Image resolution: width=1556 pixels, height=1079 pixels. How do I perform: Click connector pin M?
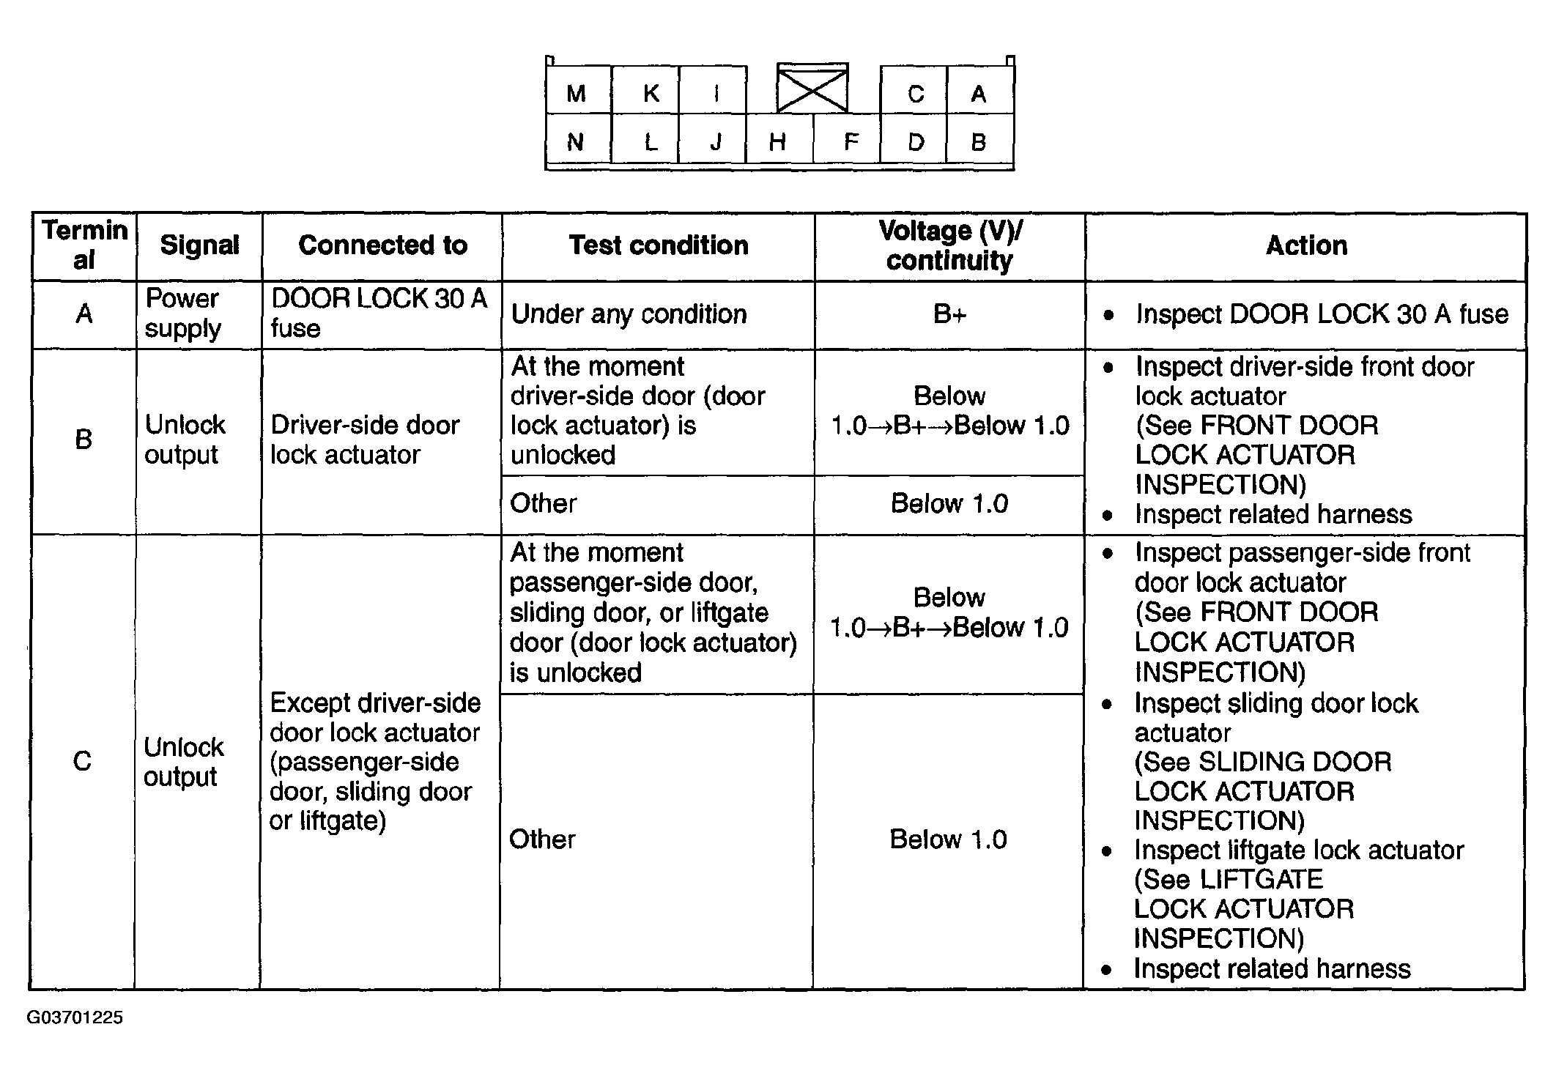pyautogui.click(x=577, y=93)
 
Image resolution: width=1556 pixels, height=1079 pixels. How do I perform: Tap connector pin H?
pyautogui.click(x=777, y=141)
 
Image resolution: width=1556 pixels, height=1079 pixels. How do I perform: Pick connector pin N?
pyautogui.click(x=575, y=142)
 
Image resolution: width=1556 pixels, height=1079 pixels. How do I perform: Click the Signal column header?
pyautogui.click(x=199, y=245)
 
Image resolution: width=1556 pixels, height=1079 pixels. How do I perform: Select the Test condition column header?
pyautogui.click(x=659, y=245)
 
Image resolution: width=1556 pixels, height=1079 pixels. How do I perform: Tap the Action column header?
pyautogui.click(x=1306, y=245)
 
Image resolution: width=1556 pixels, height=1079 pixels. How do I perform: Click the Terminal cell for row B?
pyautogui.click(x=84, y=440)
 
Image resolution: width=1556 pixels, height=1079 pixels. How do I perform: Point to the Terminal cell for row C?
pyautogui.click(x=82, y=762)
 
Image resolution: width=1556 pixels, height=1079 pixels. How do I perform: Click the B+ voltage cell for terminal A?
pyautogui.click(x=949, y=314)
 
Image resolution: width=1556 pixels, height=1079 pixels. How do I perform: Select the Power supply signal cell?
pyautogui.click(x=182, y=314)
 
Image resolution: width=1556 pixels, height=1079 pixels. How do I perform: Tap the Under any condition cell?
pyautogui.click(x=629, y=314)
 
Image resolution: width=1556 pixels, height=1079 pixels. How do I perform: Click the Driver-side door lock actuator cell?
pyautogui.click(x=365, y=440)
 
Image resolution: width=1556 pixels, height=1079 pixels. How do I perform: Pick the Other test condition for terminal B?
pyautogui.click(x=544, y=503)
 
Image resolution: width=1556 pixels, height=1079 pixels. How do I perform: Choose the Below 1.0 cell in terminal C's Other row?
pyautogui.click(x=948, y=839)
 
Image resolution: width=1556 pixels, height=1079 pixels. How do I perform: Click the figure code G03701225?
pyautogui.click(x=75, y=1017)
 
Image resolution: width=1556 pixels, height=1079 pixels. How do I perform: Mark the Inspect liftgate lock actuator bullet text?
pyautogui.click(x=1298, y=850)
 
